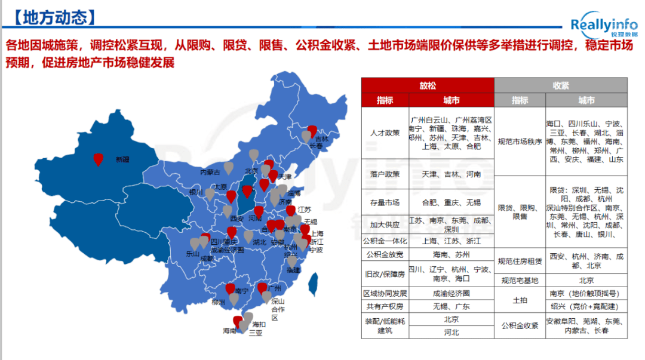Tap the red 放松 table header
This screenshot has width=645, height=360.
428,86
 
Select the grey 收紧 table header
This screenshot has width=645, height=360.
561,86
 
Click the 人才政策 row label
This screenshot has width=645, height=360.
385,133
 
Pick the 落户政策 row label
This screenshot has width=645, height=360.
385,174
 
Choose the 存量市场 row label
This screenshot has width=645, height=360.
385,202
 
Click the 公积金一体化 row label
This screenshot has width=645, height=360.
385,241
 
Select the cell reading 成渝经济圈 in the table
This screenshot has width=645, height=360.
451,293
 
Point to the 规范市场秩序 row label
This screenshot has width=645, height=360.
520,141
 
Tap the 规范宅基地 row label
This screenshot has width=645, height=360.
520,280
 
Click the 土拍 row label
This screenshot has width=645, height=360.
520,300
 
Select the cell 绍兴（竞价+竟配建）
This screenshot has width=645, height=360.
586,306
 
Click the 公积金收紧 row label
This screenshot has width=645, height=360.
520,326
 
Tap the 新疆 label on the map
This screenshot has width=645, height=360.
122,160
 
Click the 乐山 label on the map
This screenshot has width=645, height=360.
192,254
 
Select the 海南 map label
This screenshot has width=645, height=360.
229,330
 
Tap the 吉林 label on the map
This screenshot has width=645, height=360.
322,138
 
